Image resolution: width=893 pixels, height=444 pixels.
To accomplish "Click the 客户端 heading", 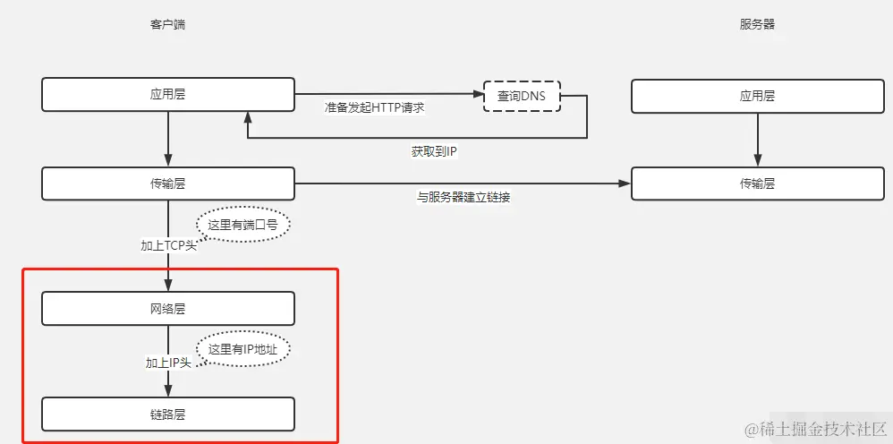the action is (167, 25).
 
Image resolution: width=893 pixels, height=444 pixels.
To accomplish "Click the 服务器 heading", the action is (757, 25).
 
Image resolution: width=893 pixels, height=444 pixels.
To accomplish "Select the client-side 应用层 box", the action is (168, 94).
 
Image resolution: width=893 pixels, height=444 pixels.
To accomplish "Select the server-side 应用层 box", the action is (757, 95).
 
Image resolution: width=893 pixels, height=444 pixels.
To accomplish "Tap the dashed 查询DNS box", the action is (522, 96).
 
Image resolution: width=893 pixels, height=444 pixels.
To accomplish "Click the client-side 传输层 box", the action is (168, 184).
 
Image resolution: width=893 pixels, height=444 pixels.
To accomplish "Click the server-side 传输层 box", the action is (757, 184).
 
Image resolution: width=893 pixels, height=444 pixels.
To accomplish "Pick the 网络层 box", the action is (168, 309).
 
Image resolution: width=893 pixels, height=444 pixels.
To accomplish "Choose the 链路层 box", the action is (168, 414).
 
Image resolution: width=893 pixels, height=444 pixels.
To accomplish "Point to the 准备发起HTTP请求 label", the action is (374, 107).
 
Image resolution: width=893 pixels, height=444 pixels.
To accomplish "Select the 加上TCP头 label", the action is (168, 245).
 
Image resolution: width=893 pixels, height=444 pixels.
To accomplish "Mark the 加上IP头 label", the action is (168, 363).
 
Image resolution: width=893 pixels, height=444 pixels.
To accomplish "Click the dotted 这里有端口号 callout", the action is (244, 225).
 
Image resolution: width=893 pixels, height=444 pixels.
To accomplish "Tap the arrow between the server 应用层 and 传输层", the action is (757, 139).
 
